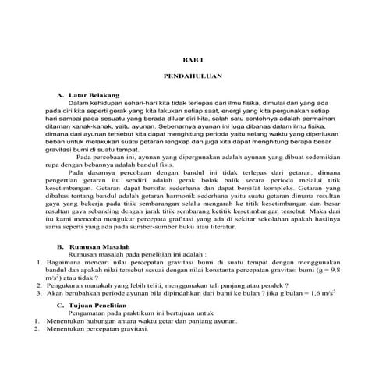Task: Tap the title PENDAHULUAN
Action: (193, 78)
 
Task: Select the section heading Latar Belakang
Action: (94, 94)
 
